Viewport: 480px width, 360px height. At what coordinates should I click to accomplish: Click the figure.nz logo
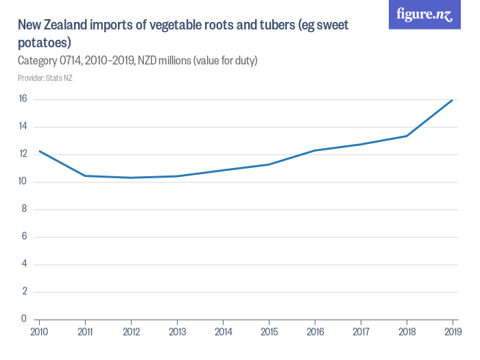click(424, 15)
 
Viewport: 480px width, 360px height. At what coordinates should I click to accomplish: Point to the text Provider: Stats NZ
click(45, 78)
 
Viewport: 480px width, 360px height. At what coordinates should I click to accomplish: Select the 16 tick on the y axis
click(23, 99)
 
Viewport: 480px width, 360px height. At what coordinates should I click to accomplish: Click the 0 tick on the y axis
click(24, 319)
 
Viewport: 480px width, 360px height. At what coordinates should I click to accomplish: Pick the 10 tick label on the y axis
click(23, 182)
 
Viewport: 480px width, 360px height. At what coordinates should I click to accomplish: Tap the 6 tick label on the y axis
click(24, 237)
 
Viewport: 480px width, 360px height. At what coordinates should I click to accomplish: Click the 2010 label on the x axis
click(39, 333)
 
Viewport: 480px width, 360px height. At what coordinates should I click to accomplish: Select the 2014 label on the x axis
click(223, 333)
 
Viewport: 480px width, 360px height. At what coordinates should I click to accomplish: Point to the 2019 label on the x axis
click(452, 333)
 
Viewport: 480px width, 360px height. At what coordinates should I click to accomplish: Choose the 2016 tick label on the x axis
click(315, 333)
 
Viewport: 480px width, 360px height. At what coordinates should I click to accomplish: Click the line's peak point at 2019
click(453, 100)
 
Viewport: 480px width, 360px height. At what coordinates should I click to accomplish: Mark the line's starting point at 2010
click(39, 151)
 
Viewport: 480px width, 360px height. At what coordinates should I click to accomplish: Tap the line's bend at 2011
click(85, 176)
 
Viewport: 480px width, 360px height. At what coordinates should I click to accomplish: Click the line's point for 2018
click(407, 136)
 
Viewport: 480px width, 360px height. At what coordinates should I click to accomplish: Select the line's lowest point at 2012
click(131, 178)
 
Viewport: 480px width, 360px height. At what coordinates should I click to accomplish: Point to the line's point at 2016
click(315, 150)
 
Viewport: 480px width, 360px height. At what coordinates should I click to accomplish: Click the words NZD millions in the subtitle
click(164, 61)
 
